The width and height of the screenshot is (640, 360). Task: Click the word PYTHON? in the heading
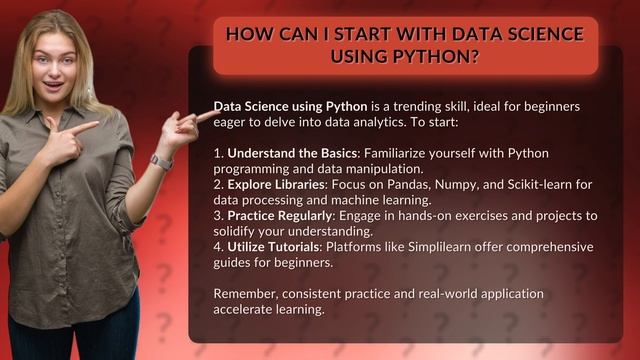coord(440,57)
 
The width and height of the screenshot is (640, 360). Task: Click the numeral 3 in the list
coord(217,216)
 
